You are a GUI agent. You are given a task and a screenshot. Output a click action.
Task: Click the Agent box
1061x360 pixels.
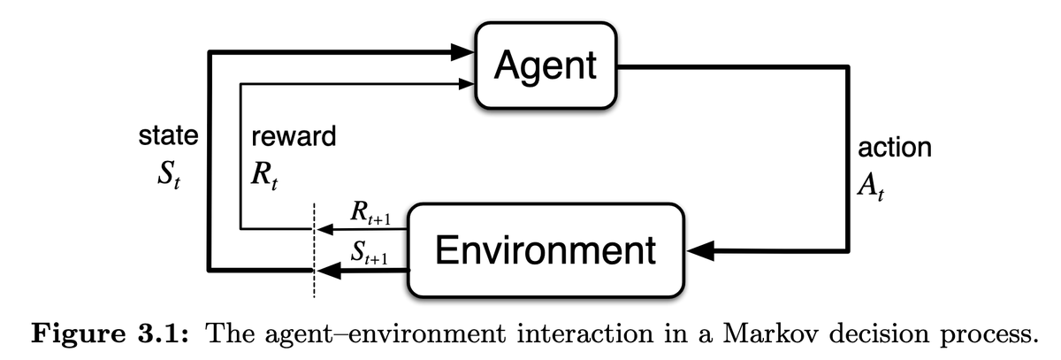546,65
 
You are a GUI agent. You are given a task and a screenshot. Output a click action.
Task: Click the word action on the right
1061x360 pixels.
895,147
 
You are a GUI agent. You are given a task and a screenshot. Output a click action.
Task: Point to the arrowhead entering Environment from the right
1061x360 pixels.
700,251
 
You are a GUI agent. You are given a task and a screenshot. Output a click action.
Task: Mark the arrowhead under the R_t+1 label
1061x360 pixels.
324,230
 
